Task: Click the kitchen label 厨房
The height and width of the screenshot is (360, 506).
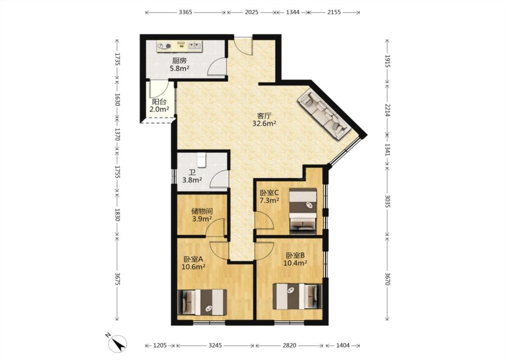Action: pos(179,60)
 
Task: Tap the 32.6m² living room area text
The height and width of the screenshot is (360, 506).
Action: pos(264,123)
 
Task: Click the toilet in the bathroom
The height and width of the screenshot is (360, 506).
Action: pos(202,160)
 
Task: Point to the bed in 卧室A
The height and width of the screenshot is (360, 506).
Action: pos(202,302)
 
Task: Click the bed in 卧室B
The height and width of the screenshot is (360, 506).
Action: pos(297,296)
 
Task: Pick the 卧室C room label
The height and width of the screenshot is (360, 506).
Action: pos(269,193)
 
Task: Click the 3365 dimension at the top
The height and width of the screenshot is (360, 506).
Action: pos(185,12)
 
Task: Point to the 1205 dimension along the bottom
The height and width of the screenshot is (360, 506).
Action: pos(160,346)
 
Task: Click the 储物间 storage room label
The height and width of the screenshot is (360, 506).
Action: pos(202,211)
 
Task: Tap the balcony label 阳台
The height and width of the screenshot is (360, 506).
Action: pos(159,102)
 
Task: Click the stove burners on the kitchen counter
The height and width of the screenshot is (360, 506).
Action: pos(164,46)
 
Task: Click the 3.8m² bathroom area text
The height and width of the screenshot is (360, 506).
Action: pos(193,180)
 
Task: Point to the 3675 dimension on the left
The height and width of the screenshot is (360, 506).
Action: pos(117,278)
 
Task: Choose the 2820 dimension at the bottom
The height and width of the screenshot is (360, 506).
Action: pos(290,346)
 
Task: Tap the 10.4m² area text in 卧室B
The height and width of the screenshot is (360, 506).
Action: pos(295,263)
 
